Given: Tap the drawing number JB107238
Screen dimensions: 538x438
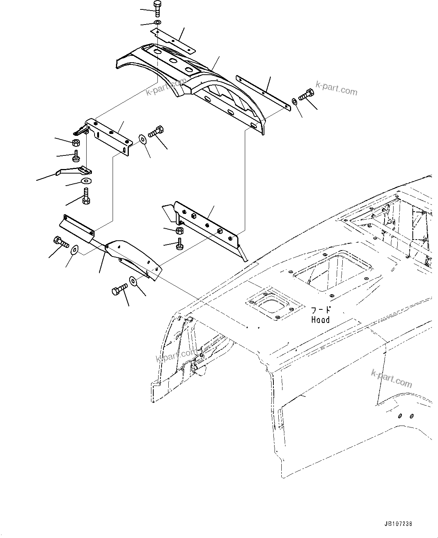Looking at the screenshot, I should coord(398,524).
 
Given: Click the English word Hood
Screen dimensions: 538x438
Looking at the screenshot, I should coord(320,320).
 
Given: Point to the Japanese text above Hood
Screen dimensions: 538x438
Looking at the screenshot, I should coord(321,310).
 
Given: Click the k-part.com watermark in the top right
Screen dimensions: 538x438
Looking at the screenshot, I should coord(336,89).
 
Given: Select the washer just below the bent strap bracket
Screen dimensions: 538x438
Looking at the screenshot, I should coord(86,181).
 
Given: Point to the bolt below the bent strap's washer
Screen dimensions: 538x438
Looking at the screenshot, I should coord(85,197).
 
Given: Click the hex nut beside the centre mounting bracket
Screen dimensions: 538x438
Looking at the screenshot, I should coord(180,230).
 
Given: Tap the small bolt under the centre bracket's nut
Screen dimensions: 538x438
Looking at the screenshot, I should coord(180,243).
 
